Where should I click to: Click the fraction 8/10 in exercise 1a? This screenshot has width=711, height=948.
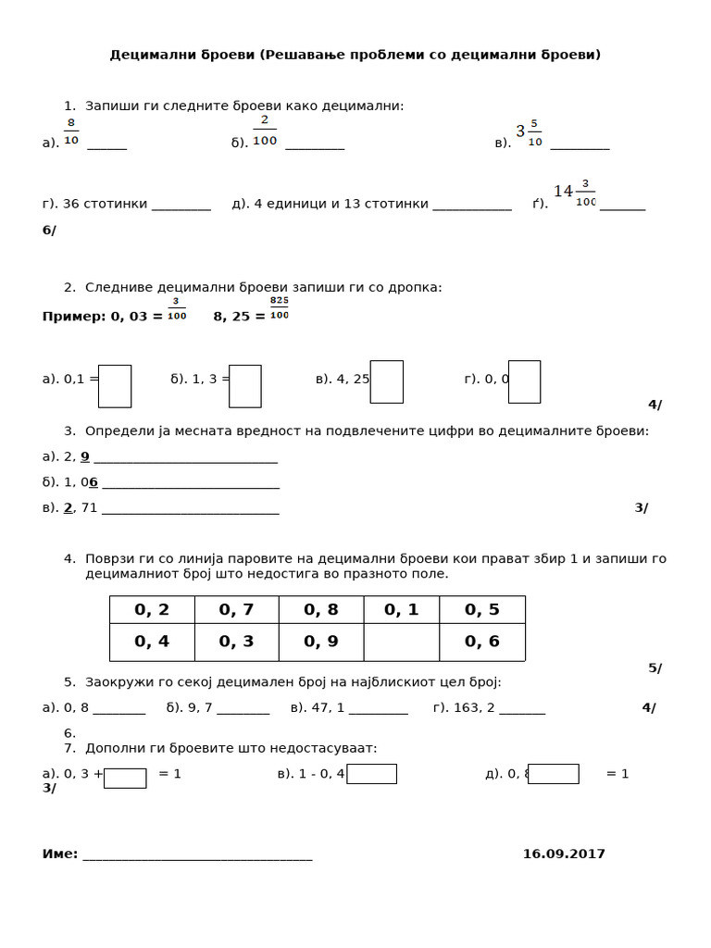click(x=71, y=132)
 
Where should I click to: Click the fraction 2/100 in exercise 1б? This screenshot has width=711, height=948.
click(x=265, y=131)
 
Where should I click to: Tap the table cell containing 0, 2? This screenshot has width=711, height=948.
click(x=152, y=609)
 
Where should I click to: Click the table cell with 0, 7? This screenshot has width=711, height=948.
click(x=236, y=609)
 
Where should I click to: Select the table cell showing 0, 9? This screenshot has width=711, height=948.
click(x=320, y=642)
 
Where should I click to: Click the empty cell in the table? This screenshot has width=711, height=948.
click(x=401, y=642)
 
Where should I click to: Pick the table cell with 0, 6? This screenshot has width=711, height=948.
click(x=481, y=642)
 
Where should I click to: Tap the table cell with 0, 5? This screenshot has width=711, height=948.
click(x=481, y=609)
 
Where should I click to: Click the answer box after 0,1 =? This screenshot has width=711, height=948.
click(x=115, y=386)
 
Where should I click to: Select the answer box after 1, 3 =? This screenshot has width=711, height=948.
click(x=245, y=386)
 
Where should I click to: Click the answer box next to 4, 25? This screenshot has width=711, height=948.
click(x=386, y=381)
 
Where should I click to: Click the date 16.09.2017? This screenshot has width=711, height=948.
click(x=564, y=854)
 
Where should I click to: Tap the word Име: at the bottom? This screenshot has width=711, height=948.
click(x=60, y=854)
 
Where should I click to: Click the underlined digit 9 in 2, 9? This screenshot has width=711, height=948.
click(x=85, y=456)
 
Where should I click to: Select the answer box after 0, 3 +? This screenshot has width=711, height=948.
click(x=125, y=778)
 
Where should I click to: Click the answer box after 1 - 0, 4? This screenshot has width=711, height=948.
click(x=371, y=774)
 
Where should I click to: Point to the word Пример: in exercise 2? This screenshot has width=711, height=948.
click(x=74, y=317)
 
